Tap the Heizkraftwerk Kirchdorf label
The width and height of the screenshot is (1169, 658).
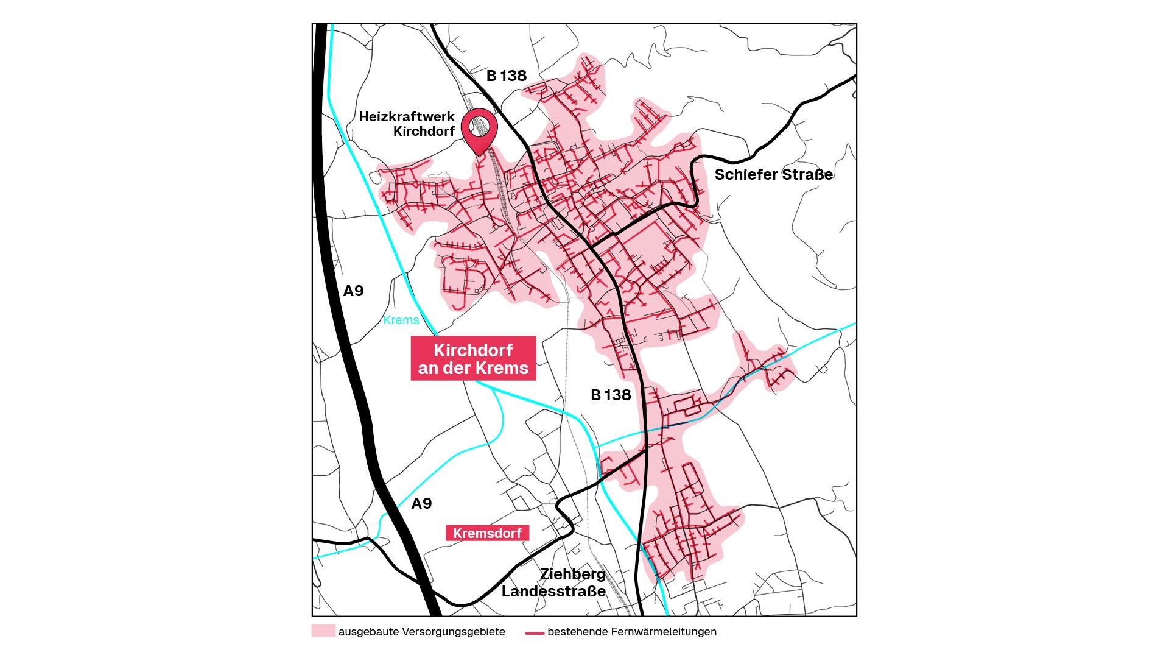point(407,124)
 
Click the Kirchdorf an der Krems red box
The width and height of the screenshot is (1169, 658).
point(473,359)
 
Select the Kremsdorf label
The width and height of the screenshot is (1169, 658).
point(487,533)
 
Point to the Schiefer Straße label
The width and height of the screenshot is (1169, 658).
point(773,175)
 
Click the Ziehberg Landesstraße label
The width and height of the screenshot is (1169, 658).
point(553,583)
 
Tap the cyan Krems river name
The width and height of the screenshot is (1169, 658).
point(401,320)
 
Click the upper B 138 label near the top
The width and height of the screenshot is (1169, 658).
point(506,76)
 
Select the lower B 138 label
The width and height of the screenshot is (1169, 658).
point(611,395)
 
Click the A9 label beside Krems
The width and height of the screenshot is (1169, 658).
point(353,291)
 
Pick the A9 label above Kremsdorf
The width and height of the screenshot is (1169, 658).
point(421,503)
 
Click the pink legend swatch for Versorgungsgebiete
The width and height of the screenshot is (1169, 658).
point(323,631)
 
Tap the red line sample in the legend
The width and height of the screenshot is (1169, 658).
point(535,632)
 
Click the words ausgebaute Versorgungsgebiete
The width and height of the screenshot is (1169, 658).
point(421,632)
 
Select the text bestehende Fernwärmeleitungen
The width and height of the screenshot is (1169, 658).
point(631,632)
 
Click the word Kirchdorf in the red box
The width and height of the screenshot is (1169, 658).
point(473,350)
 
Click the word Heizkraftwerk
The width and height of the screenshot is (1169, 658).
point(407,116)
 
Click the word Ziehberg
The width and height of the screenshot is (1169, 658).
point(573,575)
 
